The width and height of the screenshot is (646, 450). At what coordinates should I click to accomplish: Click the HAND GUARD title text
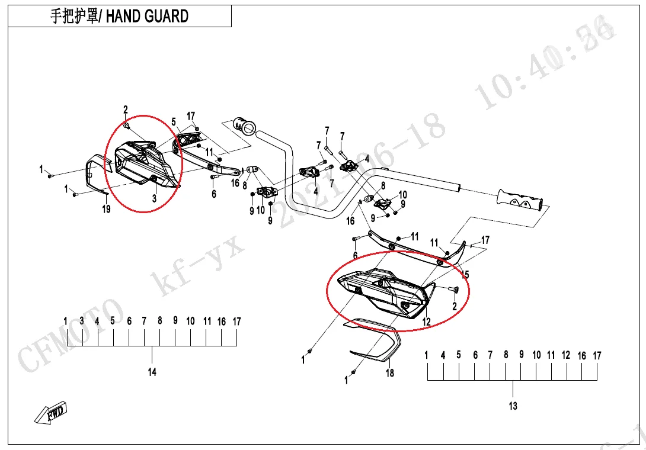tap(147, 16)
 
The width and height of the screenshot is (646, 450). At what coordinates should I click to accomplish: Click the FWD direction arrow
tap(51, 413)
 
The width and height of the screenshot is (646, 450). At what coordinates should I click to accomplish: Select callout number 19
tap(106, 209)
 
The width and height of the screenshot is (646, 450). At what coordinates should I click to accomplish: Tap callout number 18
tap(390, 373)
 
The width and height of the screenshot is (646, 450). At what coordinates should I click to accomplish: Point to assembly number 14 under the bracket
tap(152, 372)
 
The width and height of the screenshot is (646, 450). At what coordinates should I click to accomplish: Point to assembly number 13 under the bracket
tap(513, 406)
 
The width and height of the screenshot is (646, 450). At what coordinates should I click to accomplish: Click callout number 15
tap(465, 275)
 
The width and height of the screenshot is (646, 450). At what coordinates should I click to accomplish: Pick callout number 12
tap(426, 322)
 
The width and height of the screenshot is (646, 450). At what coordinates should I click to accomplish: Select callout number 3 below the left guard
tap(154, 199)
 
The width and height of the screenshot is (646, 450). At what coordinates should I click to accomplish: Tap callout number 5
tap(174, 122)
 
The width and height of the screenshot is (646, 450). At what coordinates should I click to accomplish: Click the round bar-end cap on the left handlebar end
tap(244, 125)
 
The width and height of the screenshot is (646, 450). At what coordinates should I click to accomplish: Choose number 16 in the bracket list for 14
tap(221, 322)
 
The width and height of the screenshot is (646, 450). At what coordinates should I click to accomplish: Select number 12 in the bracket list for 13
tap(566, 355)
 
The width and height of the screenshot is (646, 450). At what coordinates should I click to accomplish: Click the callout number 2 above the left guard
tap(126, 110)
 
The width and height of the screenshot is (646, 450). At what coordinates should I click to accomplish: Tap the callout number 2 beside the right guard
tap(455, 307)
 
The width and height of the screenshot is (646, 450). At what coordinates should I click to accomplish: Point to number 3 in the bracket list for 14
tap(82, 321)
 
